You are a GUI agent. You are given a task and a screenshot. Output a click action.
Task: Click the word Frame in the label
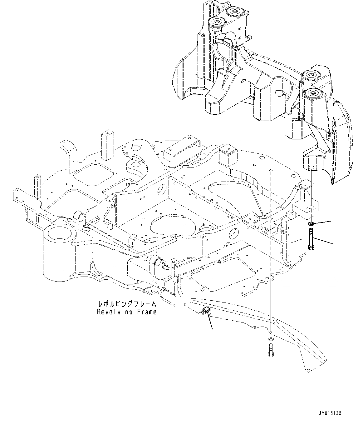[145, 312]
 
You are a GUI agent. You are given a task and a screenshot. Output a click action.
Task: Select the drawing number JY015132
[330, 413]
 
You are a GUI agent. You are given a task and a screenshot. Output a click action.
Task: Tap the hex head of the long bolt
[311, 247]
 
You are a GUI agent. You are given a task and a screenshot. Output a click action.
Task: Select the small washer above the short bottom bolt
[270, 339]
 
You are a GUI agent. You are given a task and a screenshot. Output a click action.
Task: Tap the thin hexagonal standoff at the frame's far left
[37, 187]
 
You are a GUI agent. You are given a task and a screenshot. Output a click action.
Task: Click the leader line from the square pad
[209, 319]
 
